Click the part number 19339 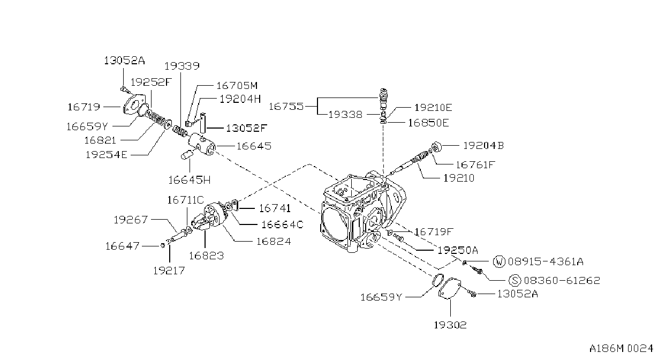182,66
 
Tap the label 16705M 237,86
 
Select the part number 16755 286,106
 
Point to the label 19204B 483,146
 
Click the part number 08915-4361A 546,261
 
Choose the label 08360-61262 562,280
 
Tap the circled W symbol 499,261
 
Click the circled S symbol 515,280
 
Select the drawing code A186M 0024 621,348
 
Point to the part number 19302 450,325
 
